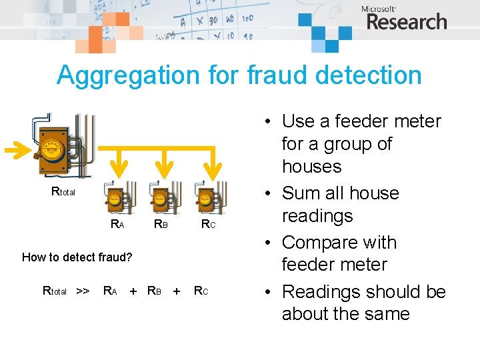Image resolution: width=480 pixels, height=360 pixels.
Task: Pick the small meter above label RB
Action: tap(160, 199)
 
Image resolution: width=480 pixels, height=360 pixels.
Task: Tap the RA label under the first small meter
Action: tap(117, 225)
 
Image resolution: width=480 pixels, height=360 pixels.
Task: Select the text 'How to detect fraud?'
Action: tap(77, 257)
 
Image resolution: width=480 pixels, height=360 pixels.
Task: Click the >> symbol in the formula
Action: tap(83, 291)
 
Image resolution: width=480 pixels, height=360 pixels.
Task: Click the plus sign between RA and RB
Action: tap(133, 291)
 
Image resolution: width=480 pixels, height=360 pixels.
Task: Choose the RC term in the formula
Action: tap(201, 291)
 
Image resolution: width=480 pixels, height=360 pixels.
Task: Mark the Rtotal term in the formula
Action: tap(55, 291)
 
